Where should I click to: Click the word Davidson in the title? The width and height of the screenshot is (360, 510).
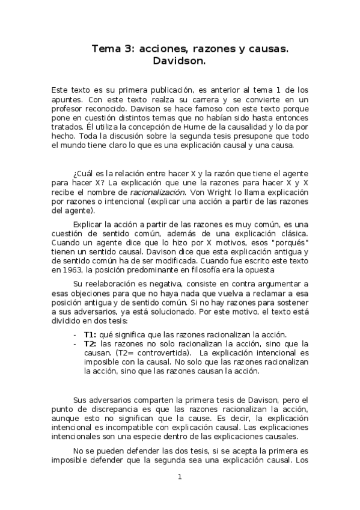point(179,61)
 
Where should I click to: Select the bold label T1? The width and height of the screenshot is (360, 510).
point(90,334)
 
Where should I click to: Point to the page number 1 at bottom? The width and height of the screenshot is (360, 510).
point(179,477)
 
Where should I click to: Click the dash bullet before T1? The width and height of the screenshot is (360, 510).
point(75,334)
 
